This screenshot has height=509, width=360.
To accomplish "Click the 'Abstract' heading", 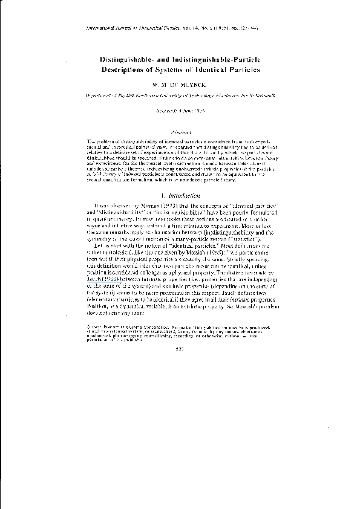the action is pos(180,130).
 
